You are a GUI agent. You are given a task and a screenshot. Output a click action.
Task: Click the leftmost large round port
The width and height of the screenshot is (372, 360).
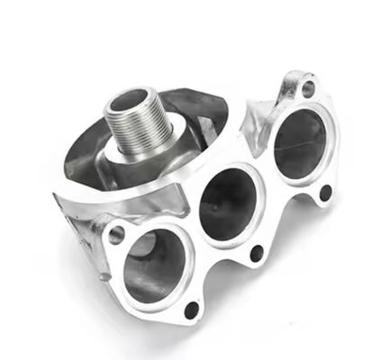[x=155, y=265]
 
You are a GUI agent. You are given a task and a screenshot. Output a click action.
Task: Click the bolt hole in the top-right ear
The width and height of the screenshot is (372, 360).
[x=308, y=88]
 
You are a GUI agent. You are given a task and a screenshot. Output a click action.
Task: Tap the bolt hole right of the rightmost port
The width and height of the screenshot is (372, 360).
[x=325, y=192]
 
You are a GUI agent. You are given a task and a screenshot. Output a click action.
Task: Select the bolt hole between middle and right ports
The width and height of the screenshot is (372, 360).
[x=256, y=253]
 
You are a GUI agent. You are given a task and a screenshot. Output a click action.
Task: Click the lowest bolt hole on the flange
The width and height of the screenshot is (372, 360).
[x=191, y=310]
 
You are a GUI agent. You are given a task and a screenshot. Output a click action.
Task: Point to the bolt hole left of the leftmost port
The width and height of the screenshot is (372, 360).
[x=116, y=236]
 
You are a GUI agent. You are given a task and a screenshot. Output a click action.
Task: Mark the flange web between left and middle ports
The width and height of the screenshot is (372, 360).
[x=191, y=232]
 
